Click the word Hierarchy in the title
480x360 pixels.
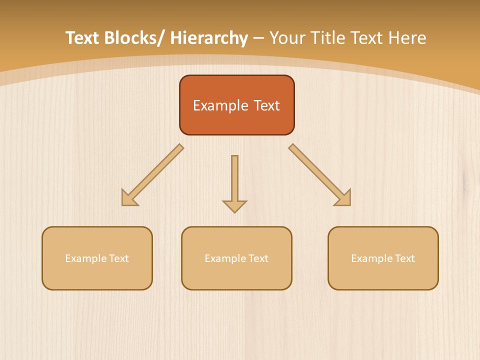tap(208, 38)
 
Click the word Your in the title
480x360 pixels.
tap(285, 38)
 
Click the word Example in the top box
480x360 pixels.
tap(213, 105)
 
